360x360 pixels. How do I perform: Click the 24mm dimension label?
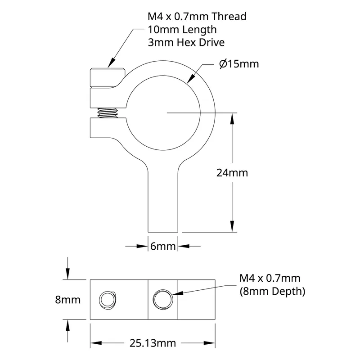[x=232, y=173]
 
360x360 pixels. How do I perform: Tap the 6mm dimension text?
[x=163, y=246]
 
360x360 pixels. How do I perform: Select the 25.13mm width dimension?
[x=153, y=343]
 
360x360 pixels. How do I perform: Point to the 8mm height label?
[x=68, y=300]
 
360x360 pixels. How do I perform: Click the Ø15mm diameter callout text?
[x=239, y=63]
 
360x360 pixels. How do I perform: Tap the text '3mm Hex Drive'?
[x=186, y=42]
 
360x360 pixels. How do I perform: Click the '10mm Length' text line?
[x=182, y=30]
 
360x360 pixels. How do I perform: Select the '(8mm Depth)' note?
[x=273, y=291]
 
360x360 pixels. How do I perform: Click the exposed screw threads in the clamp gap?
[x=108, y=113]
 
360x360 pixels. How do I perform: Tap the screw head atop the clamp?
[x=108, y=78]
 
